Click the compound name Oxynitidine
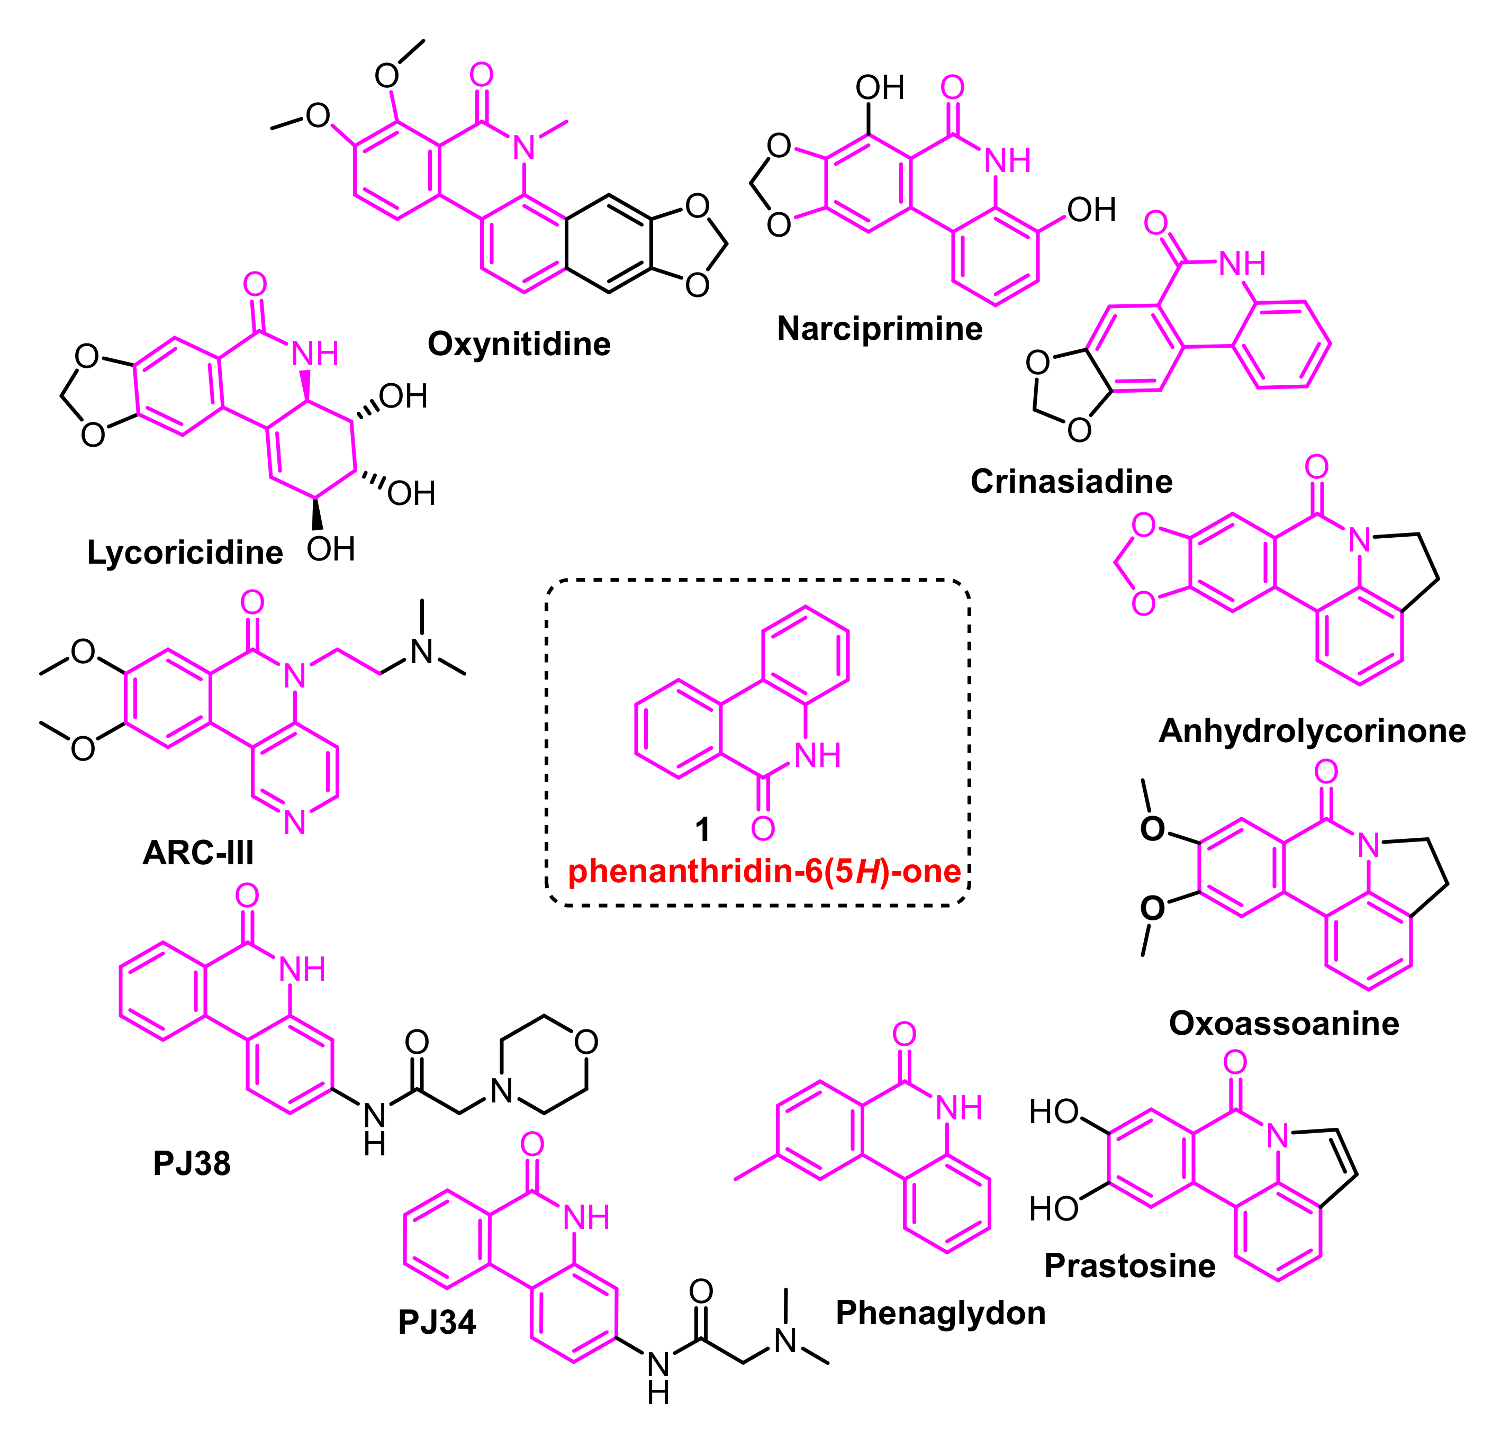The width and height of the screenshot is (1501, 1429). point(519,345)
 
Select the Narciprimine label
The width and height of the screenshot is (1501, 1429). point(880,329)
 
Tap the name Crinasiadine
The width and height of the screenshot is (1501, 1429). point(1071,482)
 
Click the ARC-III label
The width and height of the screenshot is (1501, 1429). point(198,853)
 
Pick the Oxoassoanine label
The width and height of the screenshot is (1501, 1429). point(1284,1023)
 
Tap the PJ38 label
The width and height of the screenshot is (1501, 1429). point(192,1163)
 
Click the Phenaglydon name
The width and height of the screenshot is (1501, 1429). point(941,1313)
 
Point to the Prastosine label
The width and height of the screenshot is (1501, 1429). point(1129,1265)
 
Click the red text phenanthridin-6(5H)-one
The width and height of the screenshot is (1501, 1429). point(764,871)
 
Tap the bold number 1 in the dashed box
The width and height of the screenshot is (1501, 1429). point(702,829)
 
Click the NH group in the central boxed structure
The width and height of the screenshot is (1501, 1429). point(817,756)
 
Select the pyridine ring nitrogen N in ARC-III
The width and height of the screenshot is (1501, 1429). point(295,822)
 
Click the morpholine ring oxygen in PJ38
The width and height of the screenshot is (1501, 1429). point(585,1042)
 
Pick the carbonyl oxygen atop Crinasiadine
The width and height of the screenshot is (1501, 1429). point(1155,223)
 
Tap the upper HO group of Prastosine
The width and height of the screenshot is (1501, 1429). point(1053,1112)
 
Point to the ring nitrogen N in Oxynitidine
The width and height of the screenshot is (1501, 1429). point(524,148)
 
